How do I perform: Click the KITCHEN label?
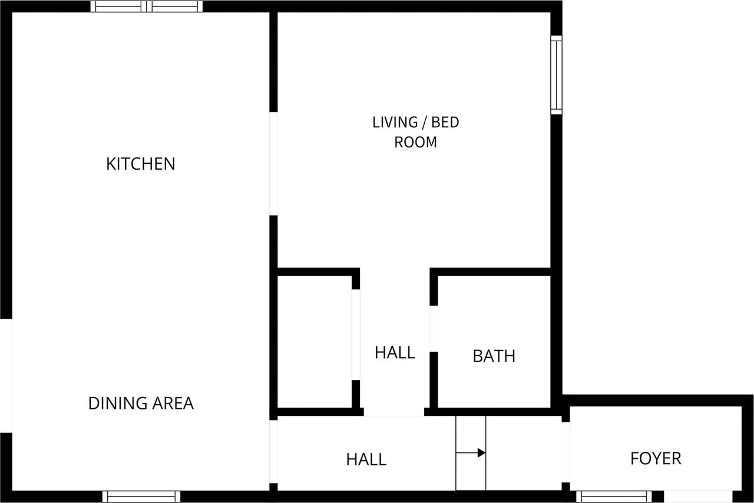coord(141,164)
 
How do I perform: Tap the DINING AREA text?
coord(141,403)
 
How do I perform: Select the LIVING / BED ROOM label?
coord(415,132)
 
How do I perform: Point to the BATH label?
coord(494,356)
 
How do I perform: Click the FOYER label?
coord(656,458)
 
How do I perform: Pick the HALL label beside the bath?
coord(395,352)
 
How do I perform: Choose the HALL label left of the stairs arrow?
coord(366,459)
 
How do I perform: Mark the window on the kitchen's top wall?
coord(147,6)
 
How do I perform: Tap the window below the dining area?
coord(141,497)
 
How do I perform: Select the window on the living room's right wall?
coord(556,75)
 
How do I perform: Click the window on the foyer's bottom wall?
coord(614,497)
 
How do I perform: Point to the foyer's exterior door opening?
coord(698,497)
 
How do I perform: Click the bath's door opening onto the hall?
coord(434,329)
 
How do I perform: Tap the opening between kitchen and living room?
coord(273,163)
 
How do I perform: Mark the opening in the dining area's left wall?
coord(6,375)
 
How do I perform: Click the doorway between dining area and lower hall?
coord(273,451)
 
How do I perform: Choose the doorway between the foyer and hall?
coord(565,452)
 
